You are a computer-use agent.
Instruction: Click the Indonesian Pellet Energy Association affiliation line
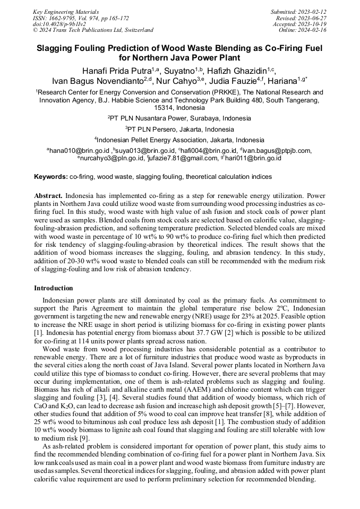(x=179, y=140)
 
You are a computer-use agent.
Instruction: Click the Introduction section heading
(x=54, y=288)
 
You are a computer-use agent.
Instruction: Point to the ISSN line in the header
(x=81, y=18)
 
